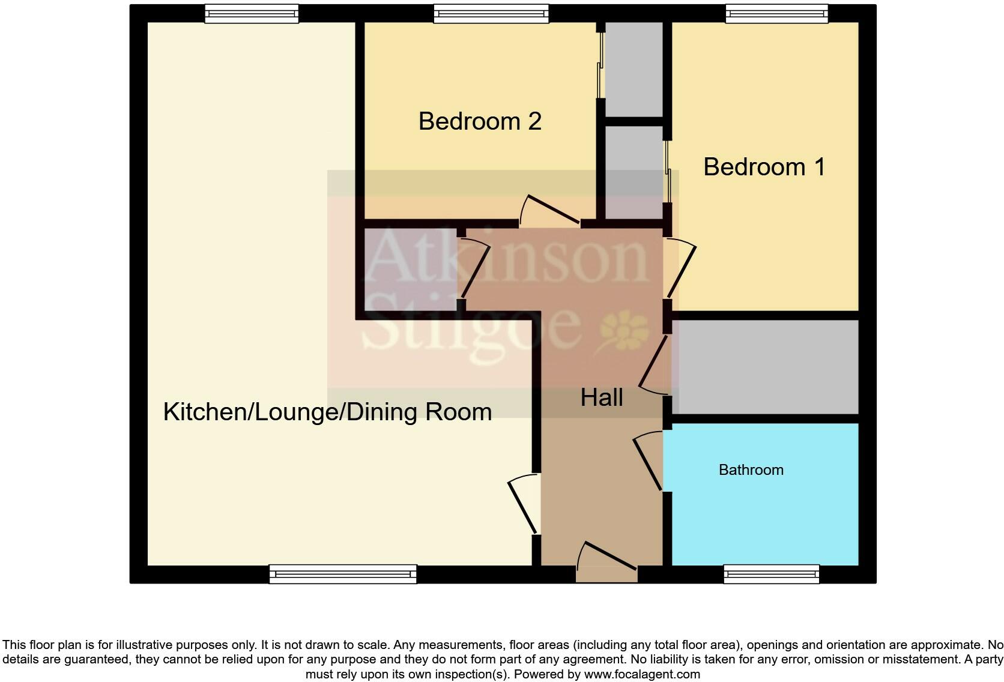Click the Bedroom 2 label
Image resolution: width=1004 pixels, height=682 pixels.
point(480,121)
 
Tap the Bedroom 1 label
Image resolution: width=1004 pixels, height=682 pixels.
point(764,167)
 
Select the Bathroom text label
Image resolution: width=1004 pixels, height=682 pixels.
point(751,470)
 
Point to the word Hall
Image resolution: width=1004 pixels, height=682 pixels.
point(601,398)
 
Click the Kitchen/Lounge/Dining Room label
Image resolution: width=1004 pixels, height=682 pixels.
point(327,412)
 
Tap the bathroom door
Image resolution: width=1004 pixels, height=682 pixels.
point(649,459)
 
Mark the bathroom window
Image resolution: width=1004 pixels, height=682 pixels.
point(771,574)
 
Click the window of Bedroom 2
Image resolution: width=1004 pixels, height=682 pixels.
point(491,14)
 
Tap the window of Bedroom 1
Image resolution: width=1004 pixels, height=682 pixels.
point(776,14)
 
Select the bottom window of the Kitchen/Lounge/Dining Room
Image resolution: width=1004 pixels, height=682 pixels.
point(343,574)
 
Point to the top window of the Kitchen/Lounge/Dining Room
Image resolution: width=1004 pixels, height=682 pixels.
point(251,14)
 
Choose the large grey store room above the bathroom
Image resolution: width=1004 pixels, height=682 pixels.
point(764,367)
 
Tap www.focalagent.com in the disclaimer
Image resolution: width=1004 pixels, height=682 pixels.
point(642,674)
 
